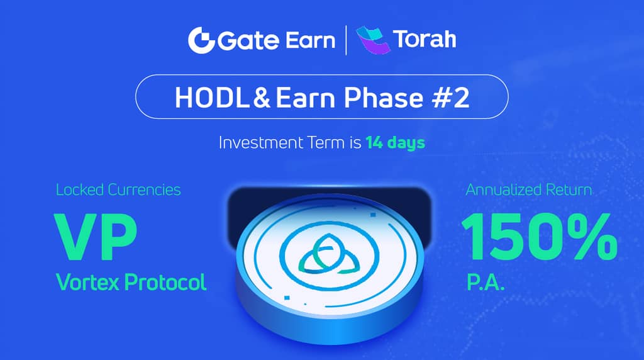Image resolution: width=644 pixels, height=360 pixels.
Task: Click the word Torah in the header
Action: tap(425, 40)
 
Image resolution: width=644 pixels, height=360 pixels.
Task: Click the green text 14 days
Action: tap(395, 142)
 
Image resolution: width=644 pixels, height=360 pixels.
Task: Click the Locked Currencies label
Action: tap(118, 189)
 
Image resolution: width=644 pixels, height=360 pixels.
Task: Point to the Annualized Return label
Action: tap(529, 189)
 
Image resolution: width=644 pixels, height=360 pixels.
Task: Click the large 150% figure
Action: tap(538, 237)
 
